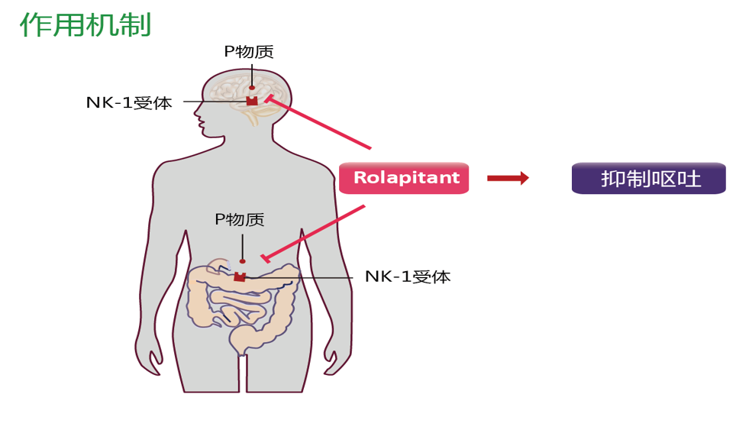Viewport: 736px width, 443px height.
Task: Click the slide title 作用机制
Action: point(86,24)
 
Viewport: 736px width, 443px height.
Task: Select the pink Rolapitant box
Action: point(404,178)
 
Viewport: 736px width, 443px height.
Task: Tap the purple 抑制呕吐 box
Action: point(649,179)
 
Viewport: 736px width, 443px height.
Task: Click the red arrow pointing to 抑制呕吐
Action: point(508,178)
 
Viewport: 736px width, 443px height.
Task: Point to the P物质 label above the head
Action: point(249,52)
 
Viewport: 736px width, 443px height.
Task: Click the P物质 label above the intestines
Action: point(240,220)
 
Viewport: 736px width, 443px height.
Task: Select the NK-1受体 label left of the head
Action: point(129,102)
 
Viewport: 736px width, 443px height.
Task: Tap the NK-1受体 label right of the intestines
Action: point(408,276)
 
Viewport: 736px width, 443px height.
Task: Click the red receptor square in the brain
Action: point(252,101)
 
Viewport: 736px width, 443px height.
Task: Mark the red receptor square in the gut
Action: point(240,276)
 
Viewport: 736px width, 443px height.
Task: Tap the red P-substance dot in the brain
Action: point(252,88)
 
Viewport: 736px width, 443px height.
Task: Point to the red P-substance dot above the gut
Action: point(243,261)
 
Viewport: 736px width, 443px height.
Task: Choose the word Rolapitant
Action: point(407,178)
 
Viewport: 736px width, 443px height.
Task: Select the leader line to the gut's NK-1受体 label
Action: point(305,277)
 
